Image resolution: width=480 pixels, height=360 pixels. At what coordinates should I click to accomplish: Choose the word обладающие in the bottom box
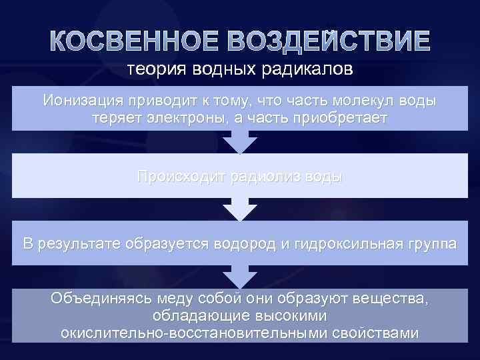coord(192,315)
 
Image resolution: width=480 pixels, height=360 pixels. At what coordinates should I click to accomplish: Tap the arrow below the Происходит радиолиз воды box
coord(240,209)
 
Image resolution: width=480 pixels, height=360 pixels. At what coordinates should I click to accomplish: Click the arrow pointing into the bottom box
coord(240,275)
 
